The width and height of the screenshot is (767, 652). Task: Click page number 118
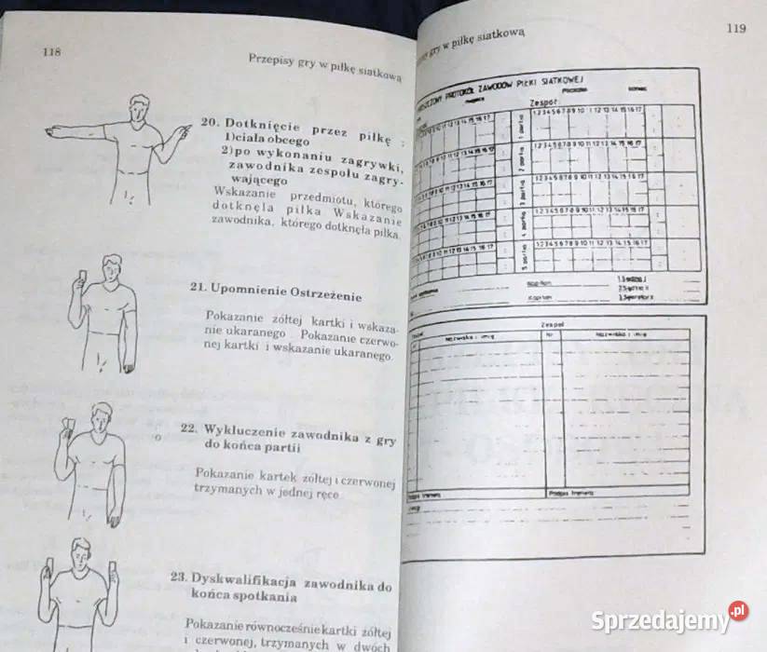point(51,52)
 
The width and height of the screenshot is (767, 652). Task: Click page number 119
point(735,29)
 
